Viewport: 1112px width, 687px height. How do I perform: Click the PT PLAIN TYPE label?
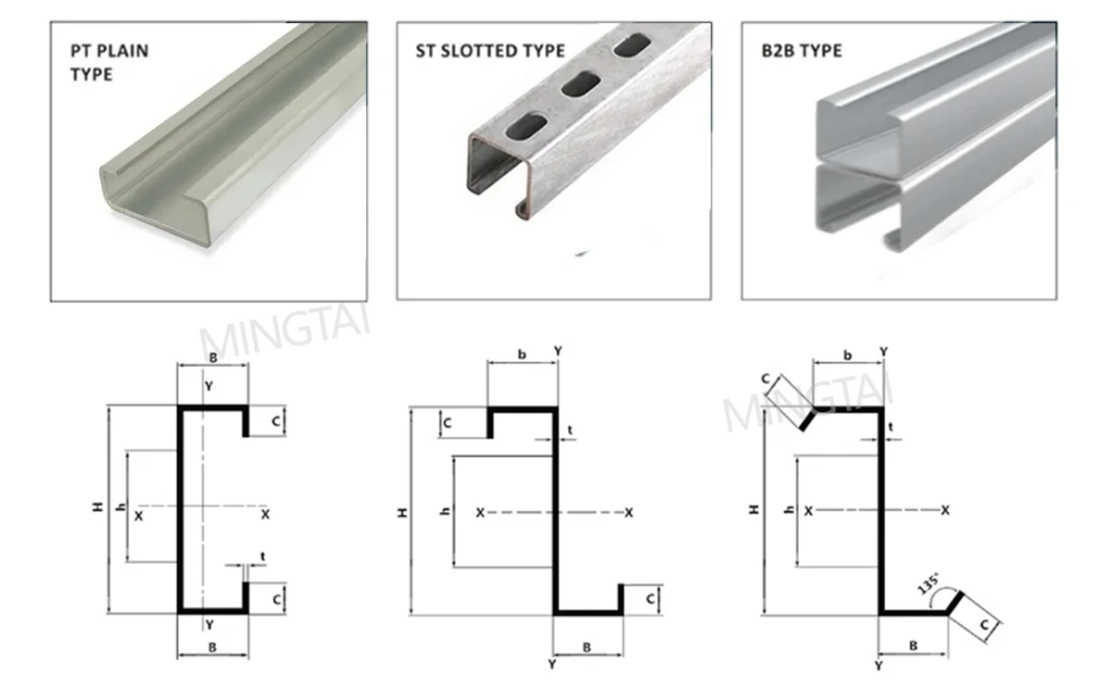coord(109,61)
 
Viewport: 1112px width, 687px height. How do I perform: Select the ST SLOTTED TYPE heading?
coord(489,50)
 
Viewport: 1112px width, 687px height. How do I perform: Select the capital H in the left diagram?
coord(96,507)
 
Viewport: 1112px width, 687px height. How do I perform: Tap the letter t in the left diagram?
coord(263,556)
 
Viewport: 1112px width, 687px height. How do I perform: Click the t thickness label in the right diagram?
coord(891,427)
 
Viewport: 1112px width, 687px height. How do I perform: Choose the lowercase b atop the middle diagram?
coord(522,353)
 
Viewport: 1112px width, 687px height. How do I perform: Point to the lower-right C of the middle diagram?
coord(651,599)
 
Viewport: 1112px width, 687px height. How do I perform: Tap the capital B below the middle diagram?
coord(587,647)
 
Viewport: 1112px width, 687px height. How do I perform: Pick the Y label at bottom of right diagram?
coord(878,666)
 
